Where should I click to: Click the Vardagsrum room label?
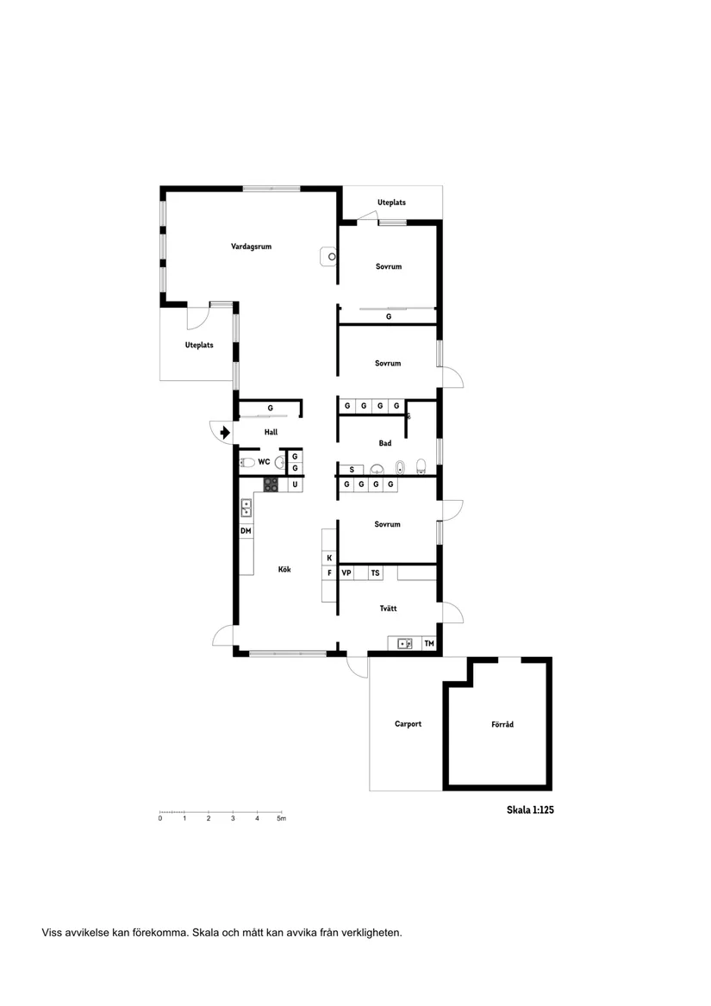tap(251, 247)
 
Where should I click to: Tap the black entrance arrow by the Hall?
tap(225, 432)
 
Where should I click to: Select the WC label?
tap(264, 462)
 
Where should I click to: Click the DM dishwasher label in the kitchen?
tap(246, 531)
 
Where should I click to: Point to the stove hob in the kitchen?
tap(271, 484)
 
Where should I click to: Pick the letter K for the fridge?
tap(329, 559)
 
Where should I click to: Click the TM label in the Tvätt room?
tap(428, 644)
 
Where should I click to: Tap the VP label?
tap(346, 572)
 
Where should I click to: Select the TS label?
tap(375, 572)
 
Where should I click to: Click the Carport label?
tap(408, 724)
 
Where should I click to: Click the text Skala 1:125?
tap(529, 810)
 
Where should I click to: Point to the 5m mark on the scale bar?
tap(282, 819)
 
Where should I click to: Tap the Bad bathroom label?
tap(385, 443)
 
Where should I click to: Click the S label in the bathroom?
tap(352, 470)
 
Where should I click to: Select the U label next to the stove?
tap(295, 485)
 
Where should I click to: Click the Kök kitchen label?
tap(284, 569)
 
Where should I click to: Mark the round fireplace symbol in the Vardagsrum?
tap(332, 256)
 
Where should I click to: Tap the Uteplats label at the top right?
tap(391, 203)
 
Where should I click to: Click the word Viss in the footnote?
tap(51, 932)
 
